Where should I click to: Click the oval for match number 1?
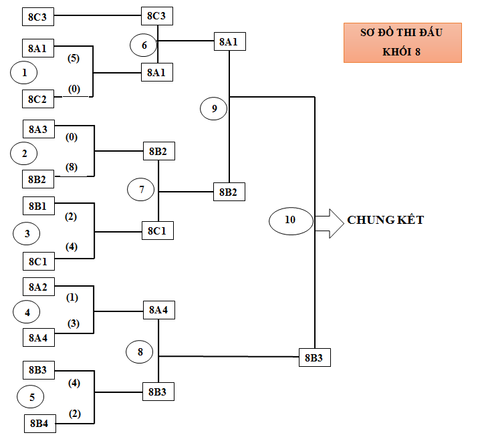click(x=24, y=73)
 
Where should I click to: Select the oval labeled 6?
click(x=143, y=45)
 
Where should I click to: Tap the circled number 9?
click(x=214, y=108)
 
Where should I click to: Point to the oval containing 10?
click(x=290, y=219)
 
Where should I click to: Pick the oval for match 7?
click(x=141, y=190)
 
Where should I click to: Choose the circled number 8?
click(x=140, y=351)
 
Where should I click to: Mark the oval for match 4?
click(x=27, y=312)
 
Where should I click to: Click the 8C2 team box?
click(x=38, y=99)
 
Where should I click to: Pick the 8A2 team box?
click(x=38, y=287)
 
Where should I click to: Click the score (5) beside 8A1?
click(x=74, y=58)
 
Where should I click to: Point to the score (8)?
click(x=72, y=166)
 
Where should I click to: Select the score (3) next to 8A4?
click(x=73, y=324)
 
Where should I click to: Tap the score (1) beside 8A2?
click(x=72, y=297)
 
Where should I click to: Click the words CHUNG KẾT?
click(x=385, y=220)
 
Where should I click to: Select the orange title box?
click(x=402, y=43)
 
